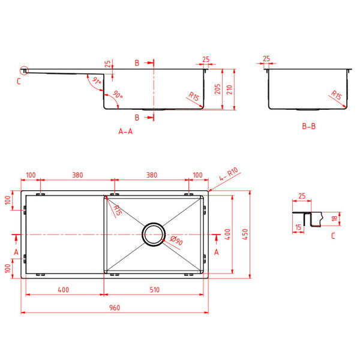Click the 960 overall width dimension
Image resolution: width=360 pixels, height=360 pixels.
click(115, 308)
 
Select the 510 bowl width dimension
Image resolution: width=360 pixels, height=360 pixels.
click(155, 290)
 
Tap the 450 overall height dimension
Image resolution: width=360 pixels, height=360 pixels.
click(244, 234)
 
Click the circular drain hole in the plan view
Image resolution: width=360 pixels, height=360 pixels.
click(153, 234)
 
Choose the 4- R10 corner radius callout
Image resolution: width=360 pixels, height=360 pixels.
click(229, 175)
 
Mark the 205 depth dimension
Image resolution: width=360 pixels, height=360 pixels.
click(218, 89)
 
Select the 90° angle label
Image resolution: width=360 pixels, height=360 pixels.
click(118, 95)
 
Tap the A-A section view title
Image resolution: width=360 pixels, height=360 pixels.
click(125, 131)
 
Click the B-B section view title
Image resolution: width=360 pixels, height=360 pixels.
click(308, 127)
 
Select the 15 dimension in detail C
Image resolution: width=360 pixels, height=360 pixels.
click(298, 227)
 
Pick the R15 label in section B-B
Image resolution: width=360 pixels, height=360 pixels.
click(336, 95)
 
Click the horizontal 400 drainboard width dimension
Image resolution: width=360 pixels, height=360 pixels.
click(63, 290)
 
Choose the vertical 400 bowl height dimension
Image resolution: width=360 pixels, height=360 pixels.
click(227, 234)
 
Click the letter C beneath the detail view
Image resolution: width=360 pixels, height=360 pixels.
click(333, 236)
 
